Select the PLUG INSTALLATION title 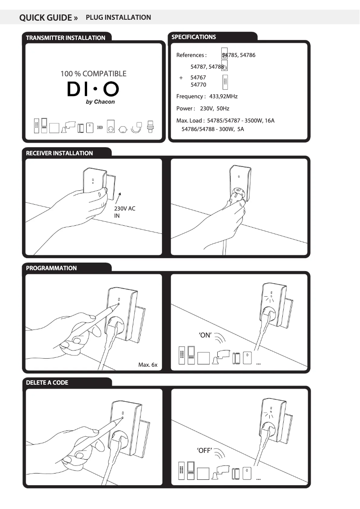(118, 18)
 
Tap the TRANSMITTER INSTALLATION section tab (66, 38)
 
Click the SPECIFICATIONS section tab (193, 37)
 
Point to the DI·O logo (93, 89)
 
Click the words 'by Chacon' (100, 102)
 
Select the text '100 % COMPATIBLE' (93, 74)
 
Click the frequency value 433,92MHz (223, 97)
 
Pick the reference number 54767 (198, 78)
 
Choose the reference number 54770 (198, 84)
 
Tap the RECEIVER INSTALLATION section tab (59, 153)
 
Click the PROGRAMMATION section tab (51, 268)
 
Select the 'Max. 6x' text (148, 365)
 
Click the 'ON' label (205, 336)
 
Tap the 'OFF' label (205, 451)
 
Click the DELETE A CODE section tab (47, 383)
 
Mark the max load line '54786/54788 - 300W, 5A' (212, 129)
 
